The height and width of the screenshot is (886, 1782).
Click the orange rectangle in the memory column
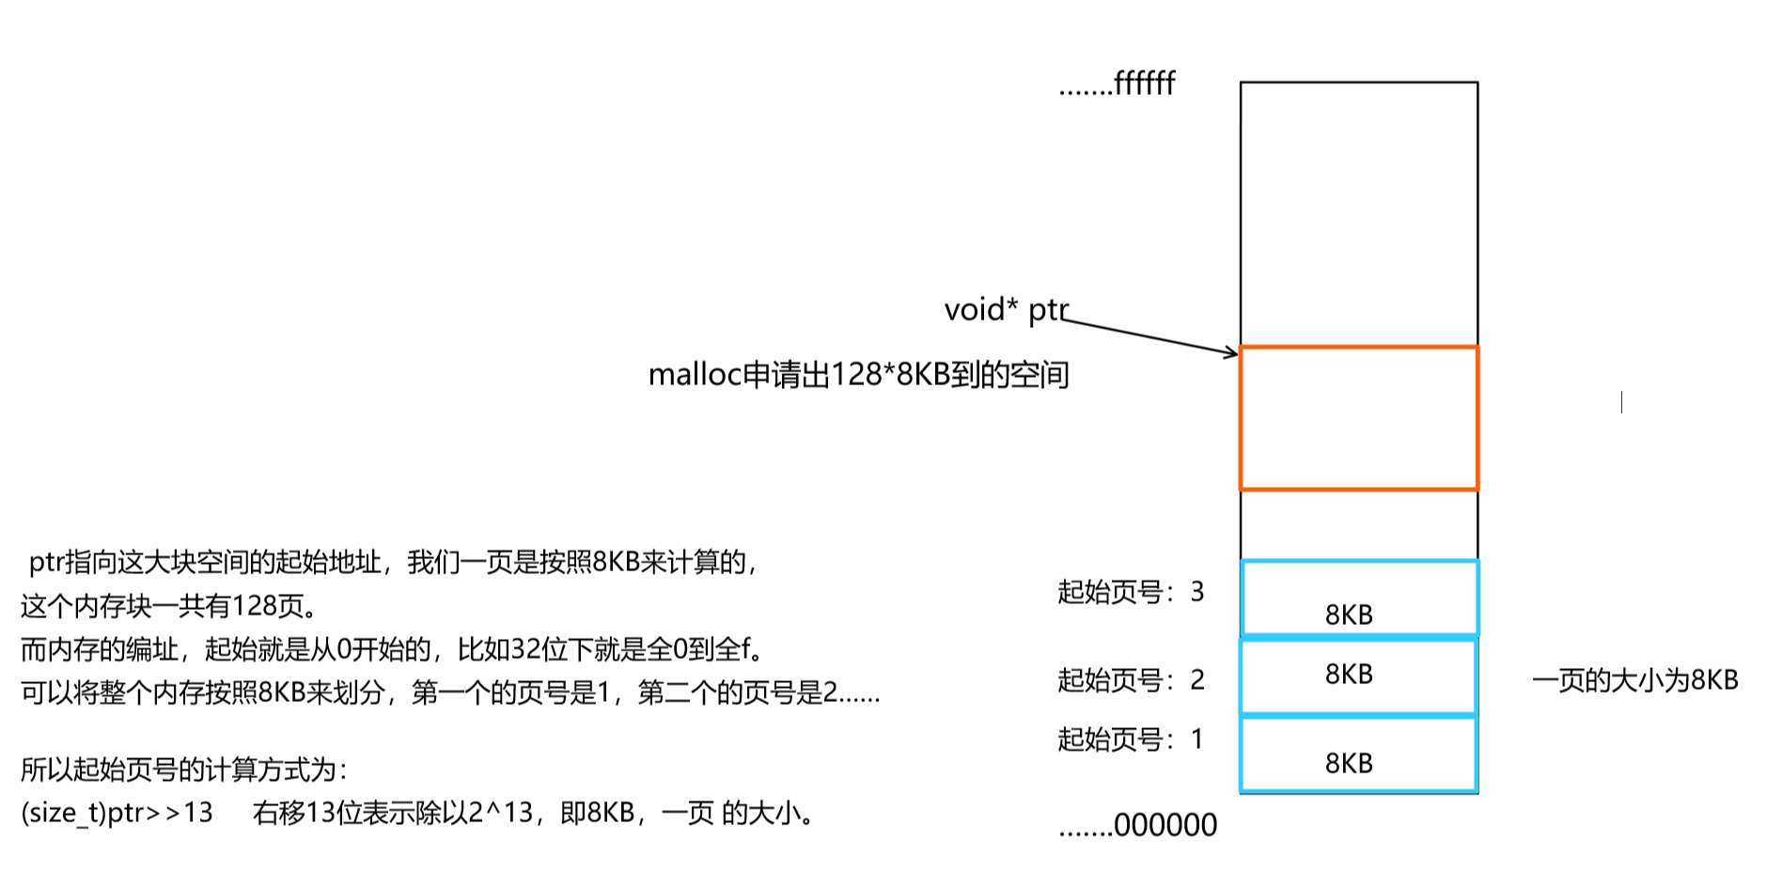(1358, 418)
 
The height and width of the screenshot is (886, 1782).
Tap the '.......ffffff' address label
(1117, 85)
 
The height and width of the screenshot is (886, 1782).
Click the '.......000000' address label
(1137, 826)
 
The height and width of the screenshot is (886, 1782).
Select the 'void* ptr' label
(1006, 310)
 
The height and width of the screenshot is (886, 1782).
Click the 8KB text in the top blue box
(1349, 615)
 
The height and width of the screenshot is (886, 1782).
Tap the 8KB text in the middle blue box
(1349, 675)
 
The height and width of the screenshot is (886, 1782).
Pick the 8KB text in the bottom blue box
(1349, 764)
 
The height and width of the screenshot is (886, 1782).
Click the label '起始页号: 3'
(1131, 592)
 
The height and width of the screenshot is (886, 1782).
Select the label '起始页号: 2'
(1131, 680)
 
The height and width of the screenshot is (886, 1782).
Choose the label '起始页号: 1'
(1131, 739)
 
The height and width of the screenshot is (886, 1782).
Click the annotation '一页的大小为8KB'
(1634, 680)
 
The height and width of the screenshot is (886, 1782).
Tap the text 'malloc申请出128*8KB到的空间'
(858, 375)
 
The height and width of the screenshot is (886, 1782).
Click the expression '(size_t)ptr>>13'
(117, 813)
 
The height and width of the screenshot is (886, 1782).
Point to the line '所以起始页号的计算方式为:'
(184, 770)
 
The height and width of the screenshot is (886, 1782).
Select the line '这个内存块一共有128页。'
(169, 606)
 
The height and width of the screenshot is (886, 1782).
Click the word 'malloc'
(695, 375)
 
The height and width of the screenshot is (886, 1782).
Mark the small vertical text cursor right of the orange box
(1621, 402)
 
